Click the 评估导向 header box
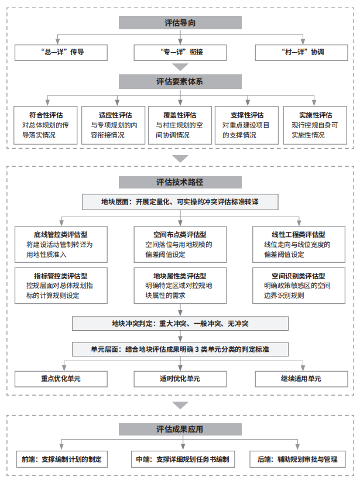[180, 23]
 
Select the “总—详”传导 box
[61, 52]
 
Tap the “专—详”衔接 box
[180, 52]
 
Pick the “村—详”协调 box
[301, 52]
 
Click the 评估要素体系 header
[180, 81]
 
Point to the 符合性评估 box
[45, 125]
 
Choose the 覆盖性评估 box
[180, 125]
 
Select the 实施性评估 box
[315, 125]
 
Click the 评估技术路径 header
[180, 182]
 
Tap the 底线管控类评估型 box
[61, 245]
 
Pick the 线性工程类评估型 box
[299, 245]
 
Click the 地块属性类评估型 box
[180, 286]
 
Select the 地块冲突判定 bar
[180, 324]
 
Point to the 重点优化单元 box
[61, 379]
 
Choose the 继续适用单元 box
[301, 379]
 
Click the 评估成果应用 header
[180, 429]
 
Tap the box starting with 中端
[183, 459]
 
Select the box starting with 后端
[297, 459]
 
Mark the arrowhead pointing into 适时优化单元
[180, 368]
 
